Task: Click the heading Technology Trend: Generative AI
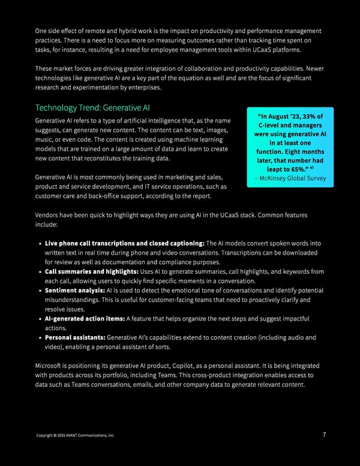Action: (x=92, y=108)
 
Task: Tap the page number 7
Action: (x=323, y=435)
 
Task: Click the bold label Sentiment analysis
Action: (x=74, y=291)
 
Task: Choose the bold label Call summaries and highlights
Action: (x=91, y=271)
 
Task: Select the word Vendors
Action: (x=49, y=214)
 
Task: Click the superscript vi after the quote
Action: (x=313, y=168)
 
